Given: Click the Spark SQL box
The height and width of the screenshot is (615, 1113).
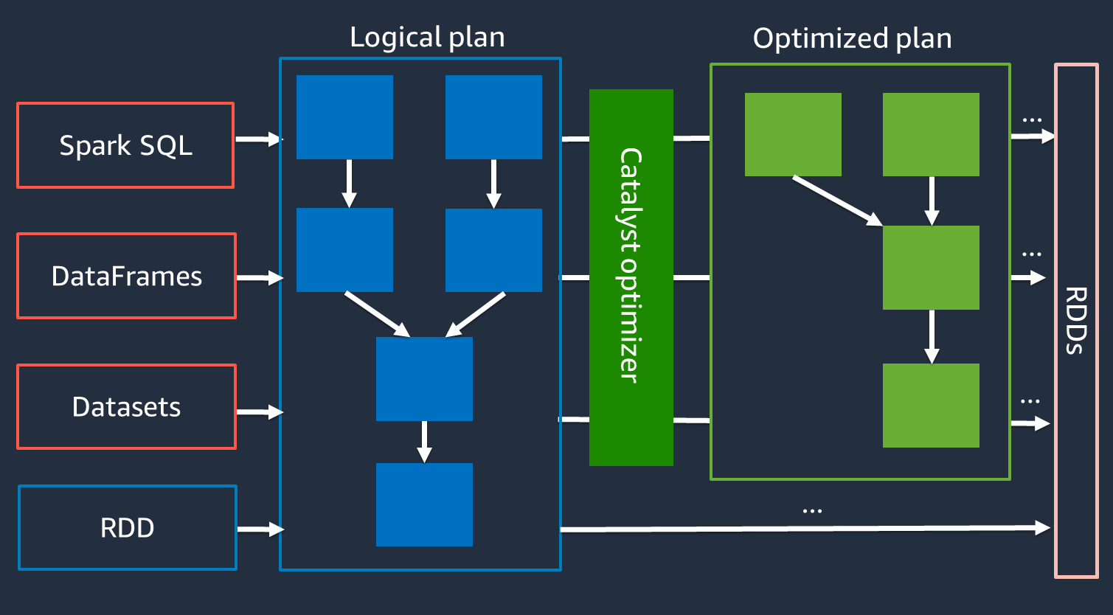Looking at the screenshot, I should [x=125, y=145].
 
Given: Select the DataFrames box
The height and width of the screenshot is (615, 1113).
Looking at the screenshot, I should [x=126, y=276].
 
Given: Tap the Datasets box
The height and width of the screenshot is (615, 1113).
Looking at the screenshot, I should [x=126, y=406].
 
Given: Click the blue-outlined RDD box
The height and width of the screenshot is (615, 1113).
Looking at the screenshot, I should [x=127, y=527].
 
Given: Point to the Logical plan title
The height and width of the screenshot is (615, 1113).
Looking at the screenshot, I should [x=427, y=37].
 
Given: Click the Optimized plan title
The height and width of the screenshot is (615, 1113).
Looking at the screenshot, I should [x=852, y=38].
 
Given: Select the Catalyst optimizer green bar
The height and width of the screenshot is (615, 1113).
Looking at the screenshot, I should [x=631, y=277].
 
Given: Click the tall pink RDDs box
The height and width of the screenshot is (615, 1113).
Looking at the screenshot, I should [x=1076, y=321].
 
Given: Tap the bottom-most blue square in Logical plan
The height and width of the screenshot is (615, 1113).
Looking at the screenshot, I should [x=424, y=504].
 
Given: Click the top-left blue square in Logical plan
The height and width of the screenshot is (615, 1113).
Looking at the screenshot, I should [x=344, y=117].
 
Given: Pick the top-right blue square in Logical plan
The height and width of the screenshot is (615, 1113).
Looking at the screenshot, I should [x=493, y=117].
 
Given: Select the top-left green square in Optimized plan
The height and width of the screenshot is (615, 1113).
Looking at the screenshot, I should [x=793, y=134].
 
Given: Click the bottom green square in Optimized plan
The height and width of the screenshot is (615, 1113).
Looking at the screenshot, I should [x=931, y=405].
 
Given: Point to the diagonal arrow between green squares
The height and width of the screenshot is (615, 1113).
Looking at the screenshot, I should [x=837, y=200].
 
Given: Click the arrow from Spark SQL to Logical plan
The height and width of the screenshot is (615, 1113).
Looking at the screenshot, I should [x=258, y=139].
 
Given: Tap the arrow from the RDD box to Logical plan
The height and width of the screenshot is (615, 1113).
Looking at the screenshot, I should [x=260, y=529].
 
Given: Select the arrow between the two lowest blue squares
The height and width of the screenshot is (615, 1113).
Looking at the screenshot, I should [x=424, y=441].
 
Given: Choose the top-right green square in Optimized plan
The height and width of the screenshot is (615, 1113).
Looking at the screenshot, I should [x=931, y=134].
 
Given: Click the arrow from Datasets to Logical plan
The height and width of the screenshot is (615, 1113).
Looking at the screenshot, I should [x=260, y=412].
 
